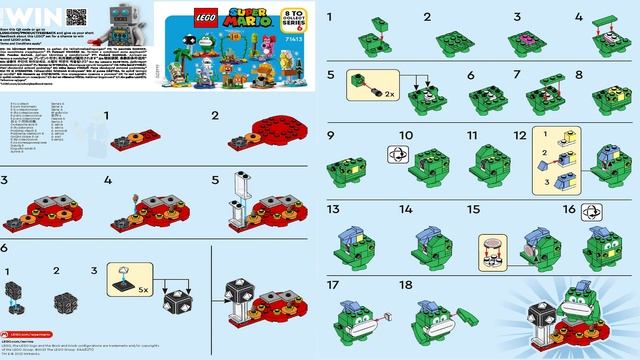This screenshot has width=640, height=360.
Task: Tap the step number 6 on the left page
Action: point(5,246)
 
